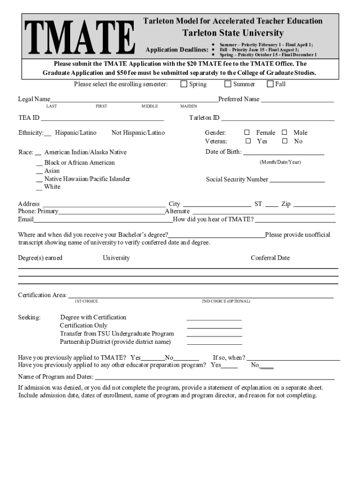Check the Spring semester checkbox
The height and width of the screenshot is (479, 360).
[184, 84]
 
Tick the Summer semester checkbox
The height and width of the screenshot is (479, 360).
[228, 84]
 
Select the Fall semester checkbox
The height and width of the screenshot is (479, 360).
[270, 84]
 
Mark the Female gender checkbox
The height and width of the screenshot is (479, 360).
[247, 132]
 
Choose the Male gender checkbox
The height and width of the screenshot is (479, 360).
[285, 132]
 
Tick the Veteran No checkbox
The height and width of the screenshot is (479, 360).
[285, 141]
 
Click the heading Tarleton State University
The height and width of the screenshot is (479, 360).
[232, 33]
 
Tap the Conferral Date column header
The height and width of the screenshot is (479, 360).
[270, 258]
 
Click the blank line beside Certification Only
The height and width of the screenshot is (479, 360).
[214, 327]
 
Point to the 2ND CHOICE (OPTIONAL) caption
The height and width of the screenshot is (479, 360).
[226, 301]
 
